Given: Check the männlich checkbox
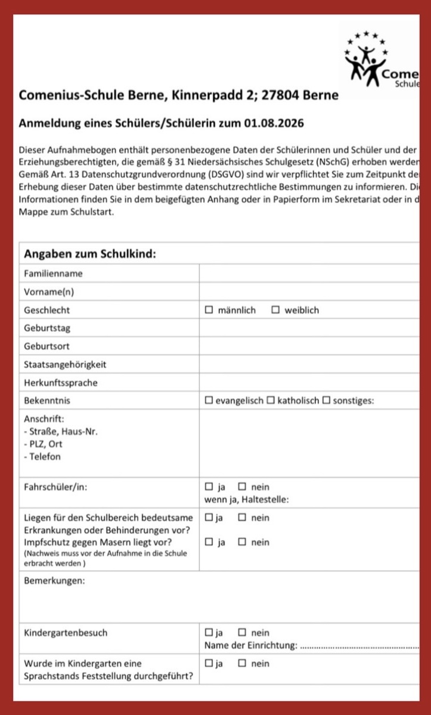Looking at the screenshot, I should click(x=209, y=310).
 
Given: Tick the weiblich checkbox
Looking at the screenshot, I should click(x=275, y=310).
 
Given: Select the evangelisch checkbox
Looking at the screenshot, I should click(x=209, y=400).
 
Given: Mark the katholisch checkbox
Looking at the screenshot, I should click(x=271, y=400).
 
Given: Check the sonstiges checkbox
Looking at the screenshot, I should click(x=326, y=400).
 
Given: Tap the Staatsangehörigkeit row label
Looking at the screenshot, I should click(x=66, y=364).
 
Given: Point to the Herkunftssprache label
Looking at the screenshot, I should click(x=60, y=382).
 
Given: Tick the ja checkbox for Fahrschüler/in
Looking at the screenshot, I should click(x=209, y=487).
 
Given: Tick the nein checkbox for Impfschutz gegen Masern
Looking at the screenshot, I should click(x=242, y=542).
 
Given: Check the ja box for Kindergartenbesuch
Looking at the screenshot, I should click(x=209, y=633).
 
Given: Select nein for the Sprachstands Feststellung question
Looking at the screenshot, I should click(x=242, y=663).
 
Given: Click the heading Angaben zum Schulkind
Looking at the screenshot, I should click(x=90, y=254).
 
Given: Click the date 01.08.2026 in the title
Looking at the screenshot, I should click(x=274, y=124).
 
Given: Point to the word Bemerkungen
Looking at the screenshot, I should click(x=54, y=581).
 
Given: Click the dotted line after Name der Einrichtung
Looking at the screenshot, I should click(x=360, y=646).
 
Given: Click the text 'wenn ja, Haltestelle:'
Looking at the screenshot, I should click(x=247, y=499).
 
